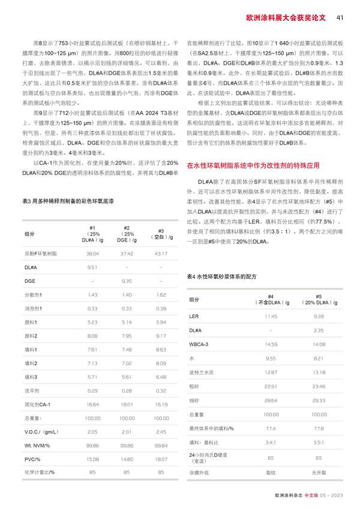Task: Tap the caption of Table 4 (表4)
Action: click(221, 276)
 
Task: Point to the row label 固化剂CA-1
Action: click(37, 404)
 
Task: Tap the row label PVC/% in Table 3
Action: click(33, 459)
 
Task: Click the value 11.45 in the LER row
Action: click(271, 316)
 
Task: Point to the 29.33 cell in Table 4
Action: click(319, 399)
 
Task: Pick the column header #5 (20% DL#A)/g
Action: click(319, 299)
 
